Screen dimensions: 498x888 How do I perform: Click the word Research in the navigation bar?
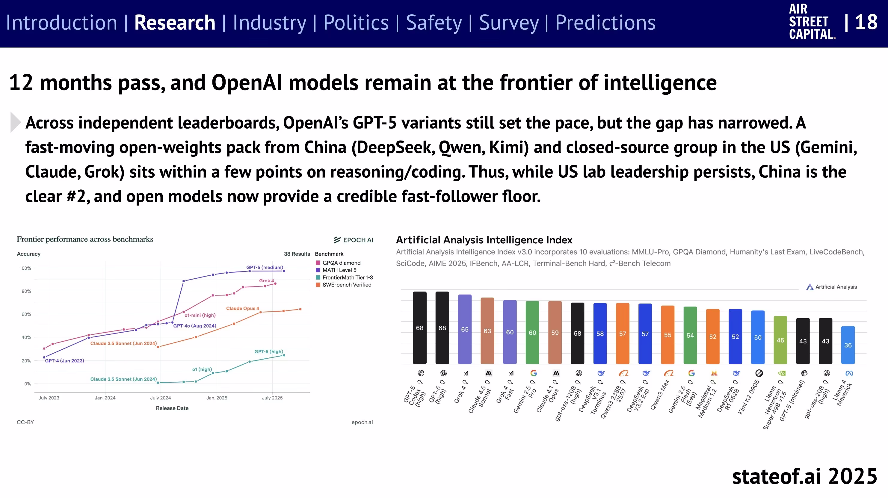click(174, 23)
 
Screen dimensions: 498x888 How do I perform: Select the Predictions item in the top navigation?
click(605, 23)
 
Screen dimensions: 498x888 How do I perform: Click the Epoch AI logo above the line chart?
click(353, 240)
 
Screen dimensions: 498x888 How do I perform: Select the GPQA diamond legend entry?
click(341, 263)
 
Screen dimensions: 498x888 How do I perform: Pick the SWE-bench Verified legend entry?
click(346, 285)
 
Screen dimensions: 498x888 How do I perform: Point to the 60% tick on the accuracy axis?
click(26, 314)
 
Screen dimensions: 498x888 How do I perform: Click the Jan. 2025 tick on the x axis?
click(217, 398)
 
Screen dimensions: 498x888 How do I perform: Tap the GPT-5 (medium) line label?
click(265, 267)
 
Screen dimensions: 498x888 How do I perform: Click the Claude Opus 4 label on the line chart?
click(242, 308)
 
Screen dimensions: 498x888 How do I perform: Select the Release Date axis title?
click(172, 408)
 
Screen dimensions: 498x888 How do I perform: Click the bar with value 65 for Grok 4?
click(465, 329)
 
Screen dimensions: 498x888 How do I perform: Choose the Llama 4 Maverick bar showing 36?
click(848, 345)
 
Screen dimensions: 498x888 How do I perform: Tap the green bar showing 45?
click(780, 340)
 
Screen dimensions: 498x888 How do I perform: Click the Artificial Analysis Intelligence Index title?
click(484, 240)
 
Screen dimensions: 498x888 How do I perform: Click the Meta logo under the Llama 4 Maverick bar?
click(849, 373)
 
